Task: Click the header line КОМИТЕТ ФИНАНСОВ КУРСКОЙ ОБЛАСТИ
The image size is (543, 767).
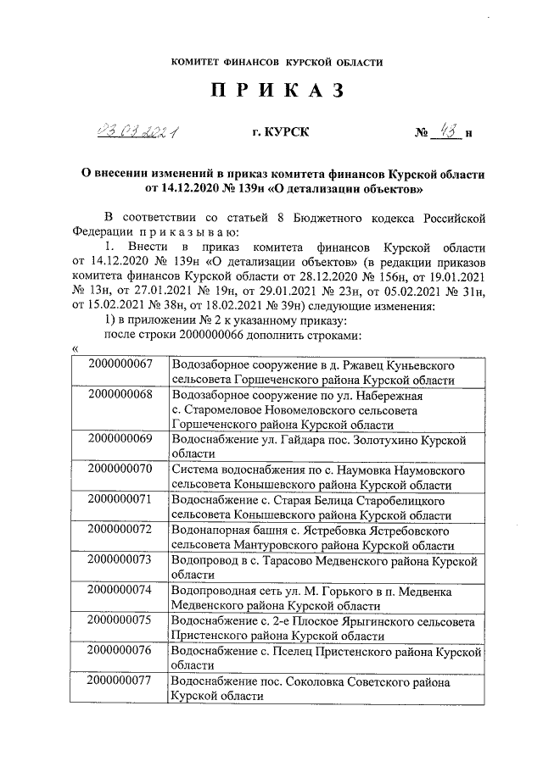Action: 277,62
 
